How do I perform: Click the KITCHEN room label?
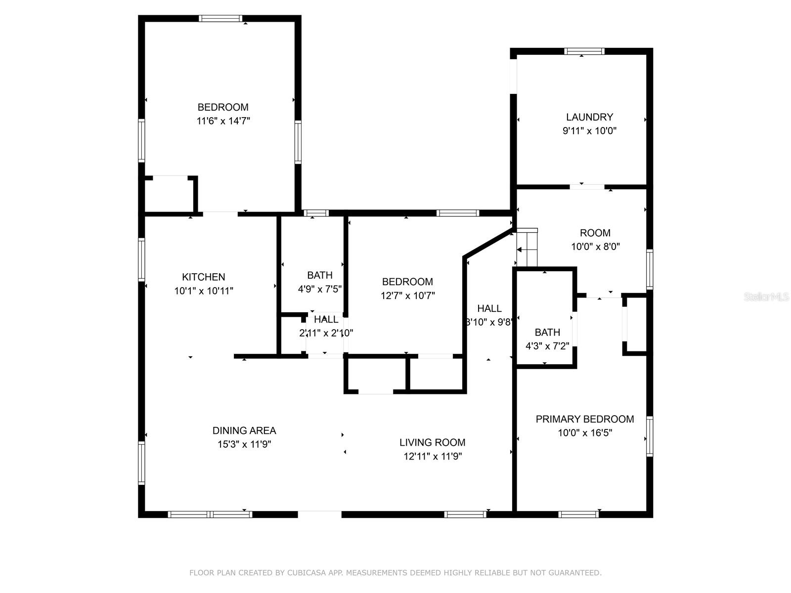[203, 277]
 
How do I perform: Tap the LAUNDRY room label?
[589, 117]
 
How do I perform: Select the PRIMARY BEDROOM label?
[584, 419]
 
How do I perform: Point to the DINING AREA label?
[244, 430]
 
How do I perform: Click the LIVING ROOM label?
[432, 442]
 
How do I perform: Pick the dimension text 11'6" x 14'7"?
[223, 121]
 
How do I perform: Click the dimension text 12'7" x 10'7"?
[407, 296]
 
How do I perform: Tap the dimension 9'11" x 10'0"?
[589, 130]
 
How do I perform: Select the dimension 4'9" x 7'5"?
[320, 289]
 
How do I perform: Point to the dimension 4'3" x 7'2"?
[547, 346]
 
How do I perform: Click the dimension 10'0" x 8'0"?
[595, 247]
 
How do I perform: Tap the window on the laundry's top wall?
[584, 51]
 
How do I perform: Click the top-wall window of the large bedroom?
[220, 18]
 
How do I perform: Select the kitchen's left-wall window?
[141, 259]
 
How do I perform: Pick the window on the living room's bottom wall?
[465, 514]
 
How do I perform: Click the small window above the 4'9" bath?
[316, 213]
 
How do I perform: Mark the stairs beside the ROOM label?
[527, 248]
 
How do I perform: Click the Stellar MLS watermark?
[766, 297]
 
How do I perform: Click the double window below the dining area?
[210, 514]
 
